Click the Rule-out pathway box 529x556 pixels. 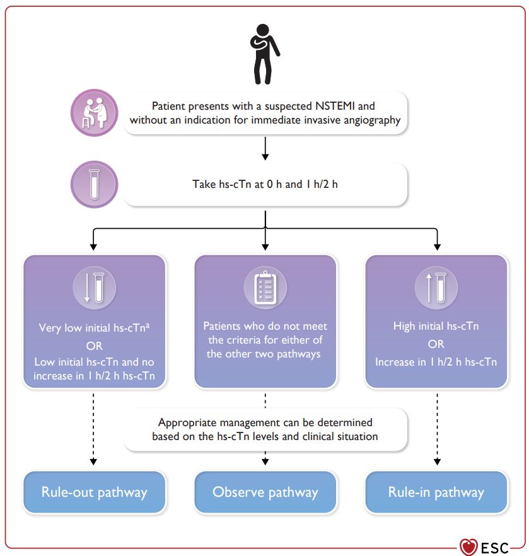pos(95,492)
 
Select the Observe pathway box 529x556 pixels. pos(265,492)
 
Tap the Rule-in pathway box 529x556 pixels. pos(436,492)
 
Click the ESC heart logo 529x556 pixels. pos(468,547)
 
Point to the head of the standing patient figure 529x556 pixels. pos(263,30)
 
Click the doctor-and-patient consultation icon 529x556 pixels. pos(95,113)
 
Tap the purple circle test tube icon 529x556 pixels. pos(95,184)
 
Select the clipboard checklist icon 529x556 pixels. pos(265,287)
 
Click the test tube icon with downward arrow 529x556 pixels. pos(95,287)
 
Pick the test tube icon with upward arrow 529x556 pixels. pos(436,287)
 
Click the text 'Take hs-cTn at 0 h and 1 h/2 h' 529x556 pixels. pos(265,184)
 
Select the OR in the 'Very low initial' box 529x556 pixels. pos(95,345)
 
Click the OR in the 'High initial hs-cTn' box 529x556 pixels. pos(436,344)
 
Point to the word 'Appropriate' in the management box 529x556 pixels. pos(187,422)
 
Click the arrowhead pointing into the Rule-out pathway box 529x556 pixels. pos(93,461)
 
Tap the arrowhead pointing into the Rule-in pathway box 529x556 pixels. pos(437,461)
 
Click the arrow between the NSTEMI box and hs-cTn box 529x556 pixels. pos(265,149)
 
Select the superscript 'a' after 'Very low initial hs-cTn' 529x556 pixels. pos(148,325)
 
